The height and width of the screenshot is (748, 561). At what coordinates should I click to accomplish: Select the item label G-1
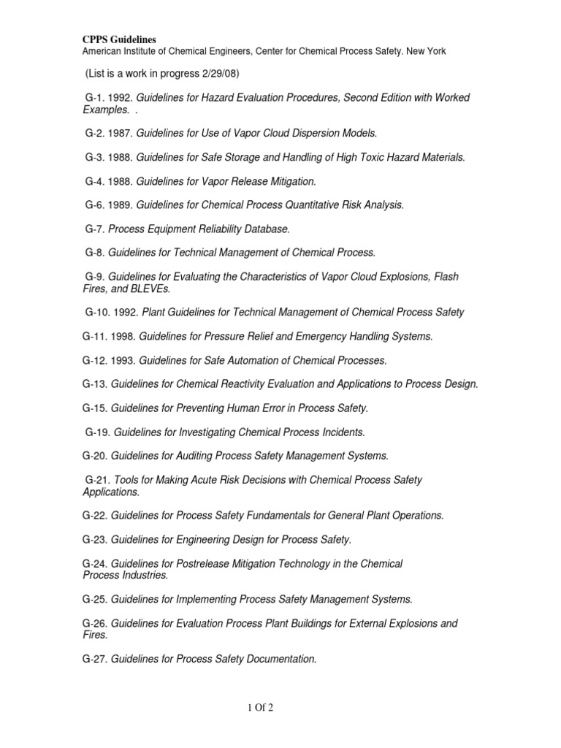(x=96, y=98)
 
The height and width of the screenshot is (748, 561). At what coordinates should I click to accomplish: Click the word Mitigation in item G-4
(x=289, y=181)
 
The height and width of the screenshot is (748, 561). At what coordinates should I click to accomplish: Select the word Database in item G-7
(x=265, y=229)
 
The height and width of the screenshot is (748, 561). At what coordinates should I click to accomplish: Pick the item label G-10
(x=98, y=313)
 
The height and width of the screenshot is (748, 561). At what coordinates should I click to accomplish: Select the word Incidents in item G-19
(x=340, y=432)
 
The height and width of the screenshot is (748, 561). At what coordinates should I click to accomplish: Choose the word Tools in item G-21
(x=126, y=480)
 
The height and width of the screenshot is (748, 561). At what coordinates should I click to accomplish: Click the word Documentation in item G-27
(x=278, y=660)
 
